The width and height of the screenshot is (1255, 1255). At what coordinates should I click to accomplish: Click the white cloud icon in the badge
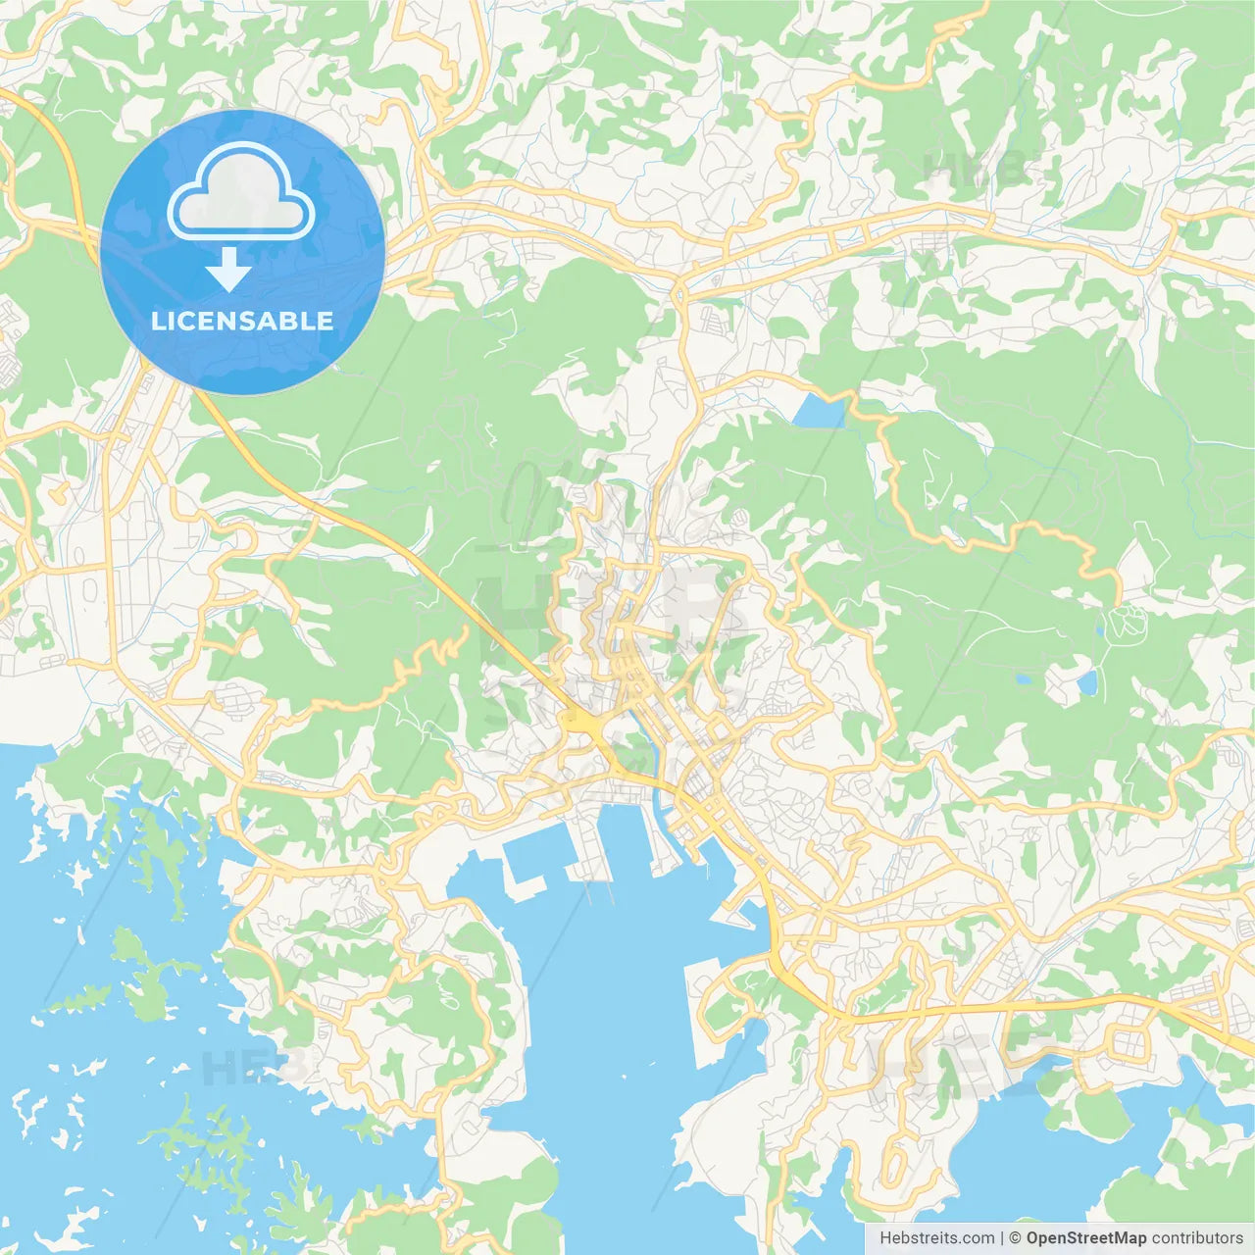click(241, 191)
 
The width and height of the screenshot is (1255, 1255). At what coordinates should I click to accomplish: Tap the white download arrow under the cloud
click(228, 270)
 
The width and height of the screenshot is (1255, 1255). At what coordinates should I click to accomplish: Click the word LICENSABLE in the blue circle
click(242, 321)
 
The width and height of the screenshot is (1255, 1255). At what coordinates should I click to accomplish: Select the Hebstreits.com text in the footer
click(936, 1238)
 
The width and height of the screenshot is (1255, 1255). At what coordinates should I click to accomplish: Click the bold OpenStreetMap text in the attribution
click(1085, 1238)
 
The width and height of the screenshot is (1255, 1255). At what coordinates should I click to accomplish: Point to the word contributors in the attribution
click(1197, 1238)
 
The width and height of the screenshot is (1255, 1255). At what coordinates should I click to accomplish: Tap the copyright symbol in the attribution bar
click(1015, 1238)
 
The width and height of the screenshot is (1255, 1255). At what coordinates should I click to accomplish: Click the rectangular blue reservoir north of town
click(819, 412)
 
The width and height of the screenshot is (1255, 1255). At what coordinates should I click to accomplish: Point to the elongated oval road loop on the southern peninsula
click(895, 1163)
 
